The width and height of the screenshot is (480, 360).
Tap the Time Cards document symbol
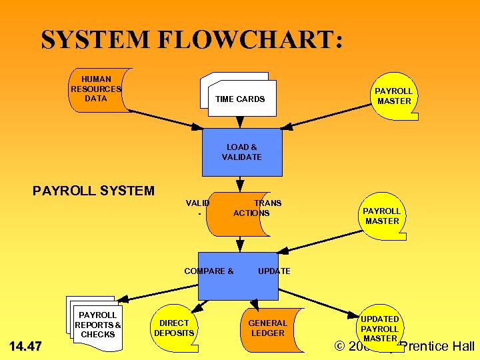tap(239, 97)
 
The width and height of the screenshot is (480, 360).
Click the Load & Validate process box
tap(242, 152)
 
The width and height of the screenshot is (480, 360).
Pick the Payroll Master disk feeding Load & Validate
tap(393, 96)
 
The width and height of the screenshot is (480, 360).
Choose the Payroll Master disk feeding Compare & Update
tap(381, 216)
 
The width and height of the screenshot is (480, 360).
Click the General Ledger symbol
tap(267, 328)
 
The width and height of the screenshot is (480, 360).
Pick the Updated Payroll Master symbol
tap(379, 328)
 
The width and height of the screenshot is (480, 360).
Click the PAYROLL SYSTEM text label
tap(93, 191)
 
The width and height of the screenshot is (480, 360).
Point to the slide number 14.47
tap(25, 346)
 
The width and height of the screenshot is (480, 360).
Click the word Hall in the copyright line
tap(461, 346)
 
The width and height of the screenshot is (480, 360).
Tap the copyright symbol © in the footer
tap(341, 346)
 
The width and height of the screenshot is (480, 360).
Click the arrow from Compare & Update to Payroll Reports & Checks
tap(160, 288)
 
